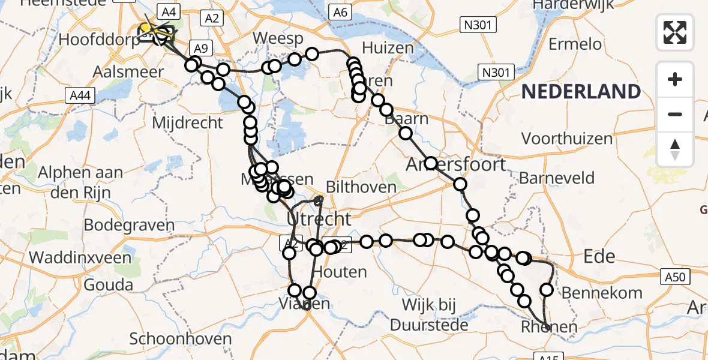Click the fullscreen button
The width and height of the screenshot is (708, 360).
click(x=675, y=32)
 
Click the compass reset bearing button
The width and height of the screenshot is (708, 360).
click(x=675, y=149)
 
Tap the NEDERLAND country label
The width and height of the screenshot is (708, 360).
click(x=581, y=92)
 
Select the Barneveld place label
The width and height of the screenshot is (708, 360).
click(x=557, y=178)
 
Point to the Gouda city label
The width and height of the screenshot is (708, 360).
click(x=109, y=284)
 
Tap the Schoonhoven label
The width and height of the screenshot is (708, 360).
click(x=181, y=338)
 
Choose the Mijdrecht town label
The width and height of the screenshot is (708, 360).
click(x=188, y=123)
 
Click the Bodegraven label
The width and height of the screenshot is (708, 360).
click(x=129, y=226)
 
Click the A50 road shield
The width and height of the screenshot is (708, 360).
click(x=677, y=277)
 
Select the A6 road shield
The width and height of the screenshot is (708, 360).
click(x=340, y=12)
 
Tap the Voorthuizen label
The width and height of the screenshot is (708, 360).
click(x=567, y=139)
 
